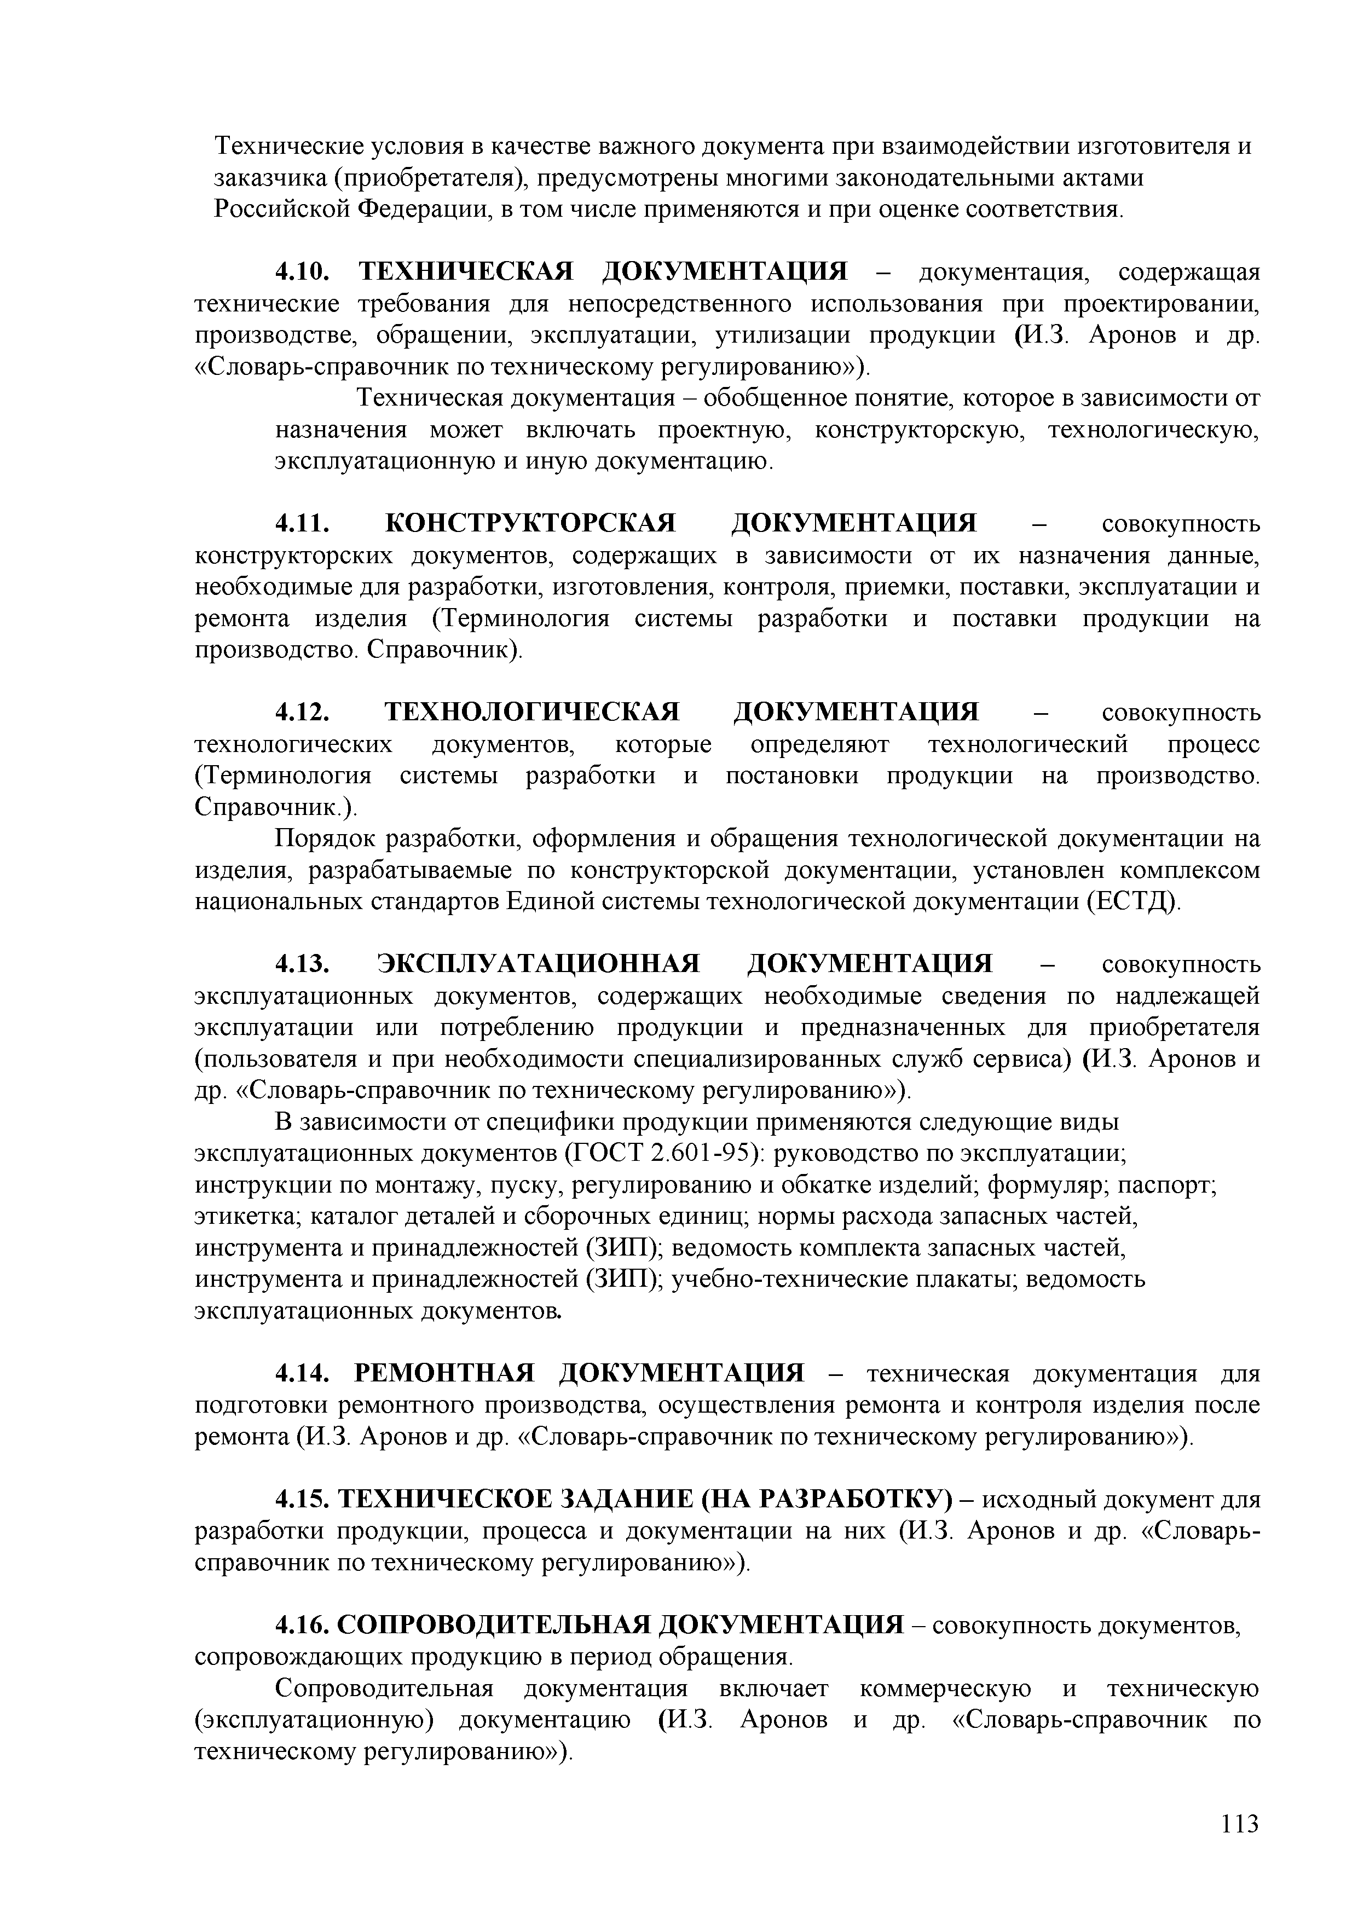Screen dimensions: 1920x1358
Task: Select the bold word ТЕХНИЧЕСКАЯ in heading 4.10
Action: coord(466,272)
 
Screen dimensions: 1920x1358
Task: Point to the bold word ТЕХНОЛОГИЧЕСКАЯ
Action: coord(532,713)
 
